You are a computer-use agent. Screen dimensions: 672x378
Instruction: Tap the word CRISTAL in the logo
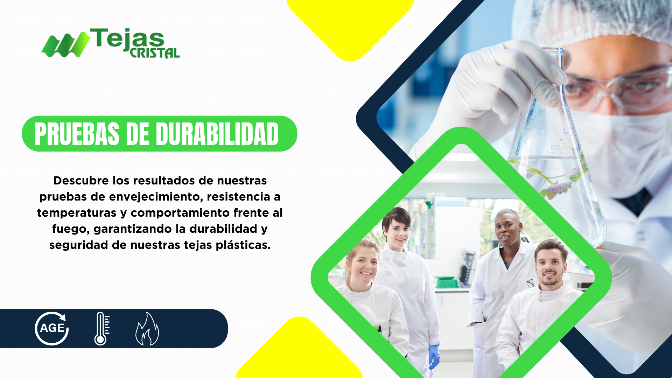tap(155, 53)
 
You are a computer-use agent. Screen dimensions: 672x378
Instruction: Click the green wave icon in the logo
tap(65, 44)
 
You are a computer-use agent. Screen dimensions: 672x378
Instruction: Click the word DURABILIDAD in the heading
tap(217, 134)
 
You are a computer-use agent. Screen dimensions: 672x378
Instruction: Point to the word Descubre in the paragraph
tap(81, 181)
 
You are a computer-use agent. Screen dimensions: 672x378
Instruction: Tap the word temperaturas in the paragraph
tap(77, 213)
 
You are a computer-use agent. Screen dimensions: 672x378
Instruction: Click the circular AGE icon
tap(52, 329)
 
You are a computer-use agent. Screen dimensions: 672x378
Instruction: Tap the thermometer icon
tap(102, 329)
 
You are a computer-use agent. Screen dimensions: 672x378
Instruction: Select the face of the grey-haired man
tap(507, 231)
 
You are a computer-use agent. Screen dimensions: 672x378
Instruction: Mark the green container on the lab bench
tap(446, 282)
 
